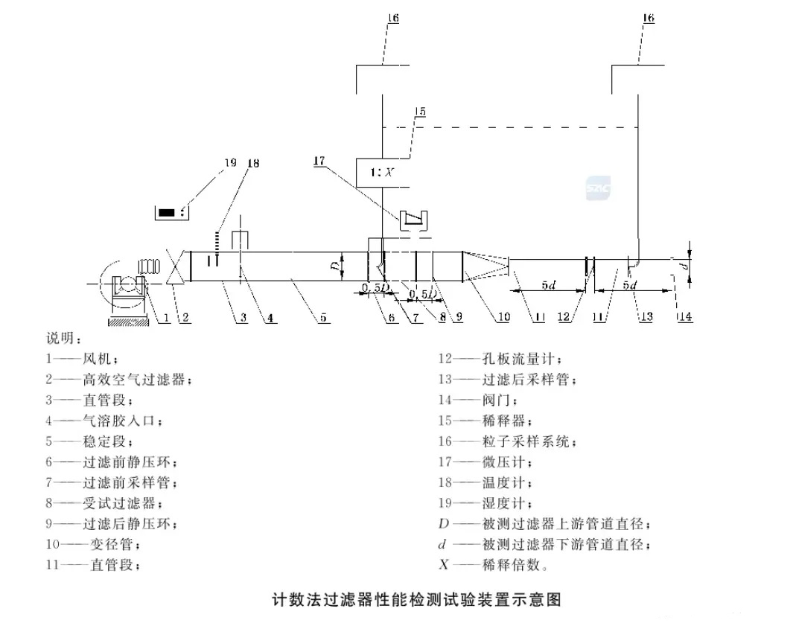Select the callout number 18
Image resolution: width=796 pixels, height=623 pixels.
coord(253,162)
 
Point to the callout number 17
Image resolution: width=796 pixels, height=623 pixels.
coord(320,160)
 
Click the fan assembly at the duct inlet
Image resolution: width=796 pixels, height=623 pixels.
coord(127,287)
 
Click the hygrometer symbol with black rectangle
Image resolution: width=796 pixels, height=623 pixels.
coord(171,212)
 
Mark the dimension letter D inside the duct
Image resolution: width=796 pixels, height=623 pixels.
coord(336,263)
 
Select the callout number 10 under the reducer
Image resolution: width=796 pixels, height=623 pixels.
coord(504,317)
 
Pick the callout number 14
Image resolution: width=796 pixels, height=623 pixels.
coord(684,317)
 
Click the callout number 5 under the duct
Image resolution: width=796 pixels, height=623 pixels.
coord(322,318)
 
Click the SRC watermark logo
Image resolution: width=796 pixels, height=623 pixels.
coord(598,188)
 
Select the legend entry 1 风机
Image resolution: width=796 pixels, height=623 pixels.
coord(81,359)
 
